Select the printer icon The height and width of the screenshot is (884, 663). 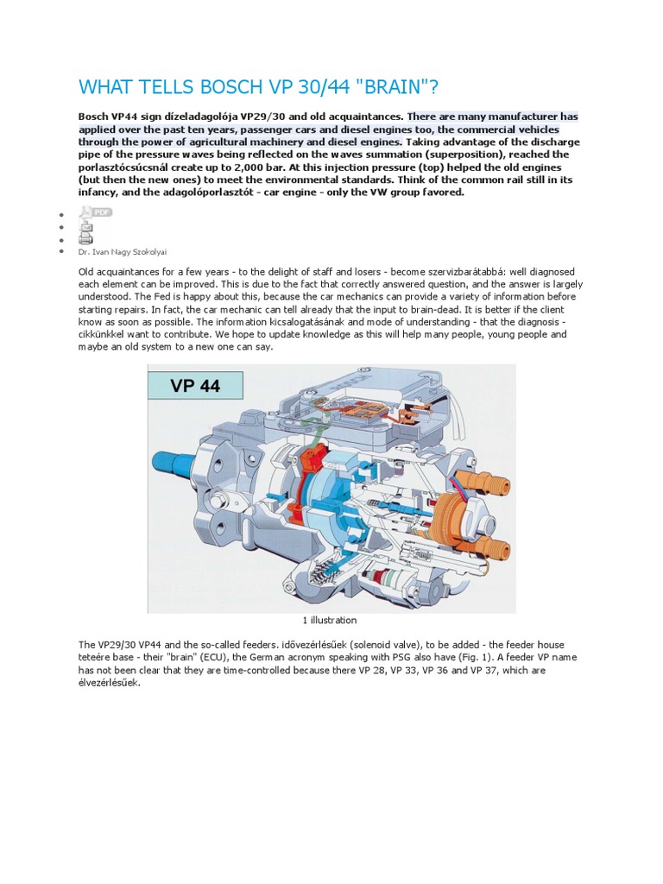tap(85, 237)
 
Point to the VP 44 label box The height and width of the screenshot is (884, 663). tap(195, 385)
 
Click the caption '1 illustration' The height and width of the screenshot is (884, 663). tap(329, 621)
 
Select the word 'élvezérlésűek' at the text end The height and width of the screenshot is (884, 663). tap(107, 682)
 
